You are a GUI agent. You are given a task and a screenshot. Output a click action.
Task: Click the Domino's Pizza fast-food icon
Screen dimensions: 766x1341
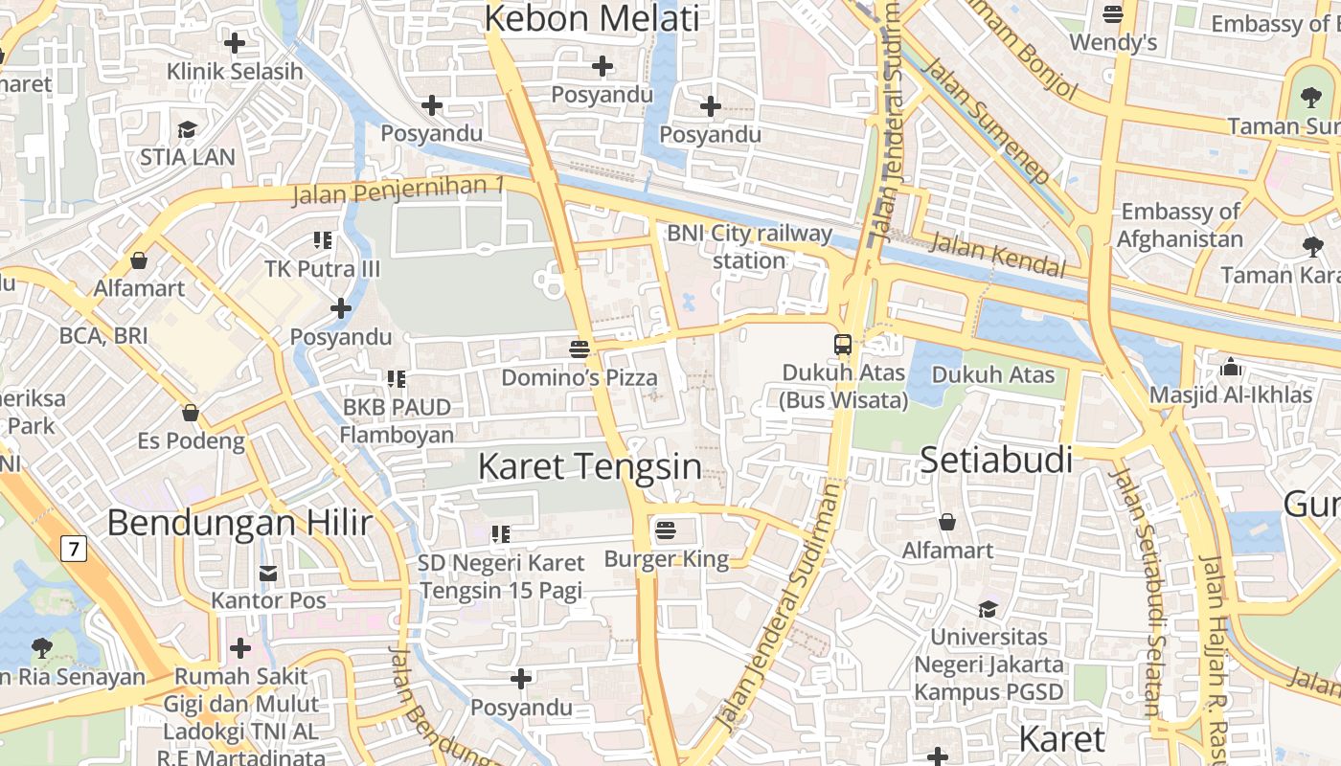tap(579, 349)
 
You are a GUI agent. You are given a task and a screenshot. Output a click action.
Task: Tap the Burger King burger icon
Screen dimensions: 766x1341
tap(666, 529)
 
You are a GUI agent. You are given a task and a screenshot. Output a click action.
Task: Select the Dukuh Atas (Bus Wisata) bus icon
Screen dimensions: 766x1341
tap(843, 345)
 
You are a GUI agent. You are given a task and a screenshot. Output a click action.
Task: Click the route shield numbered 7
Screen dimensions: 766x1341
tap(73, 549)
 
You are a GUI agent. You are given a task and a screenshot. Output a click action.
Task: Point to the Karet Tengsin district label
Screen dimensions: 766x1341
tap(589, 467)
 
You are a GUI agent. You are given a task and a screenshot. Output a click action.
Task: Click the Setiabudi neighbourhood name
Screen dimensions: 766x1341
tap(996, 461)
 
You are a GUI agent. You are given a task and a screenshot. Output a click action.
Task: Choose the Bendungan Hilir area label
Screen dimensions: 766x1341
tap(239, 523)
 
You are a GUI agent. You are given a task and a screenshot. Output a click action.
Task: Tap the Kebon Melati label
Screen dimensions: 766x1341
tap(592, 19)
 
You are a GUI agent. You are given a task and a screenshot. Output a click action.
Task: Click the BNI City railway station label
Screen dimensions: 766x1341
tap(750, 246)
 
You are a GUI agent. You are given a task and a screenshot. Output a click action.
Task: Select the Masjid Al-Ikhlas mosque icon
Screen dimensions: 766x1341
tap(1231, 367)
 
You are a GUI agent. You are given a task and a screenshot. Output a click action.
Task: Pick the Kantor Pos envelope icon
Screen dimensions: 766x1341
tap(268, 574)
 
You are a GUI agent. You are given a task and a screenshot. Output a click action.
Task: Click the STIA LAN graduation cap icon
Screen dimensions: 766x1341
tap(187, 129)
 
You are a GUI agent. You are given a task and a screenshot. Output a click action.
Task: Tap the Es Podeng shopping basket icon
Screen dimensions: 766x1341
tap(191, 414)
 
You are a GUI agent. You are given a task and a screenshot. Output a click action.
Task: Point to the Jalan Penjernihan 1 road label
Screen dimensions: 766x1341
tap(398, 190)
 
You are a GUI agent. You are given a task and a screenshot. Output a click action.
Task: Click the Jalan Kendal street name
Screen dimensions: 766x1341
tap(997, 254)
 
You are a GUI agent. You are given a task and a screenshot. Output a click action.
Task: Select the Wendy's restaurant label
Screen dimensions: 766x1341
tap(1113, 42)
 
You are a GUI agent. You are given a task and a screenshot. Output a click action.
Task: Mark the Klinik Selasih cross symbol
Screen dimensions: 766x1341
tap(234, 43)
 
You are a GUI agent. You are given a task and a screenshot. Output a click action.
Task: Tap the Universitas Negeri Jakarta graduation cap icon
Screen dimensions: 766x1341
tap(988, 609)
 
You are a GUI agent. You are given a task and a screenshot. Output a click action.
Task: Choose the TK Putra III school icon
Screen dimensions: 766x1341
tap(322, 240)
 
